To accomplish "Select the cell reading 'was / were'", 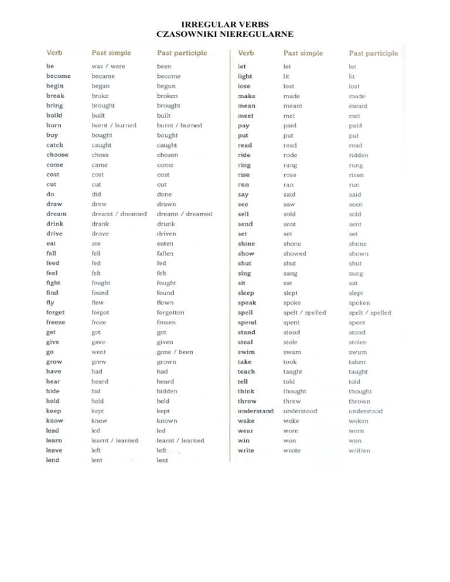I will pyautogui.click(x=108, y=66).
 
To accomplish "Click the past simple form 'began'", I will pyautogui.click(x=101, y=85).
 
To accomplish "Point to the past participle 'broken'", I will pyautogui.click(x=168, y=95).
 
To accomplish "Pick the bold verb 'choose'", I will pyautogui.click(x=57, y=155).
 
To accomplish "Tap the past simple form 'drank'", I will pyautogui.click(x=101, y=224).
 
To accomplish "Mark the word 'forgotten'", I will pyautogui.click(x=171, y=312).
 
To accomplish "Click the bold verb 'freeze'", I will pyautogui.click(x=56, y=322).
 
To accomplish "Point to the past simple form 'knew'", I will pyautogui.click(x=100, y=420).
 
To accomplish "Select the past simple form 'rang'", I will pyautogui.click(x=290, y=165).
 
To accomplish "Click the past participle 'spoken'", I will pyautogui.click(x=359, y=303).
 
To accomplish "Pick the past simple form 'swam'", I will pyautogui.click(x=291, y=352).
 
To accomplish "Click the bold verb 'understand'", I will pyautogui.click(x=255, y=411).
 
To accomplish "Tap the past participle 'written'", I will pyautogui.click(x=359, y=450).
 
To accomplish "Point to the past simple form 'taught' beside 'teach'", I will pyautogui.click(x=292, y=372).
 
